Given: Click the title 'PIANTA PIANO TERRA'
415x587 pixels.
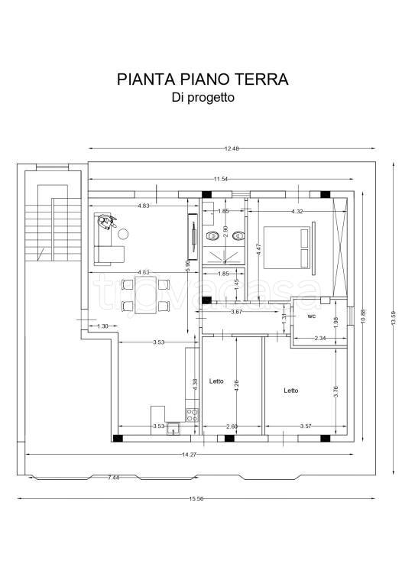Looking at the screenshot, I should (203, 79).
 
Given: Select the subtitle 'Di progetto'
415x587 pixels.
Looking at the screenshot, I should (203, 98).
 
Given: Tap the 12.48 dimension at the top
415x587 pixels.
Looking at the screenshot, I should (232, 149).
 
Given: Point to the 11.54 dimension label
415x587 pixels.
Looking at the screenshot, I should (222, 179).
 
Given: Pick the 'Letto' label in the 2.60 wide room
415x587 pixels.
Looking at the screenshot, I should (216, 381).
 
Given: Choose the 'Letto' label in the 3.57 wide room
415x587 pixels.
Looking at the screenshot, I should (290, 390).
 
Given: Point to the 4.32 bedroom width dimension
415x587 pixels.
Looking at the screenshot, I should (299, 212).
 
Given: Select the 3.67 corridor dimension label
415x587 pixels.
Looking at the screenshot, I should (237, 312).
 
